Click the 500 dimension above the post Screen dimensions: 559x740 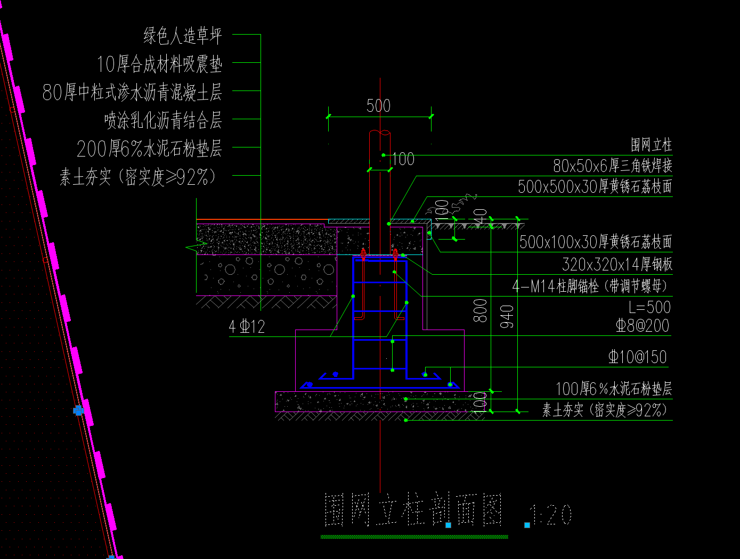coord(378,106)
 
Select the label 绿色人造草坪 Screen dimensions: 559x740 coord(182,36)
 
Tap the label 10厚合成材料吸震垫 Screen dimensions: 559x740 coord(159,64)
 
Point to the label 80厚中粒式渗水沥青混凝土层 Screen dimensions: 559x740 coord(132,93)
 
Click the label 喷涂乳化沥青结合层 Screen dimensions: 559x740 coord(163,120)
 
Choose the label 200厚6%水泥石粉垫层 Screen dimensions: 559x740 coord(149,149)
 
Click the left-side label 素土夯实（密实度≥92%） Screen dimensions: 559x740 coord(139,177)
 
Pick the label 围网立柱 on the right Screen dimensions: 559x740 coord(651,145)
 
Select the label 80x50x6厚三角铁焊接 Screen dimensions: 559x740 coord(612,166)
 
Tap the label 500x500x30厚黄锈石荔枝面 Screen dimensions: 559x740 coord(595,187)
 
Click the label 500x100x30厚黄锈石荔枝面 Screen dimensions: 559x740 coord(596,242)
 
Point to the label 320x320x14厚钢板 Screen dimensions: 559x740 coord(617,264)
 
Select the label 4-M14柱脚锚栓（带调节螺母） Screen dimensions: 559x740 coord(590,286)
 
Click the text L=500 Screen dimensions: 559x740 coord(649,307)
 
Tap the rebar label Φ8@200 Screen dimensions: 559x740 coord(643,326)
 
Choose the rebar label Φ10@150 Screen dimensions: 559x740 coord(638,357)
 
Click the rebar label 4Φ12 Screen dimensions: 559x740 coord(247,326)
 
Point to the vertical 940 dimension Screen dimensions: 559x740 coord(507,316)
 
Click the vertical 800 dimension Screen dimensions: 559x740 coord(481,310)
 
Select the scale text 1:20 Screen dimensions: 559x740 coord(551,515)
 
